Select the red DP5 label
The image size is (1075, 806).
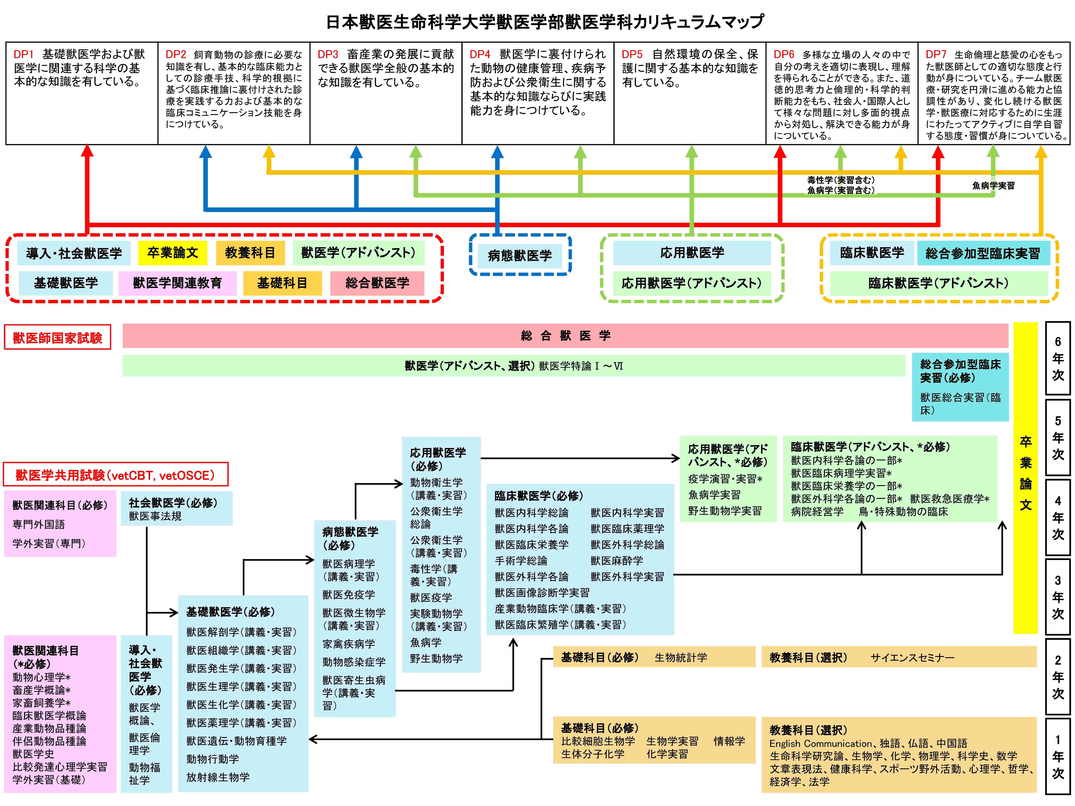click(x=632, y=54)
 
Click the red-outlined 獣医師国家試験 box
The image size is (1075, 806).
click(x=57, y=337)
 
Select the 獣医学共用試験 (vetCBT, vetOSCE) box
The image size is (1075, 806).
click(x=116, y=475)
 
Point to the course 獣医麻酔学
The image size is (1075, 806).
click(x=617, y=561)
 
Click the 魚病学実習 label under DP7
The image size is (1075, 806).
click(x=993, y=186)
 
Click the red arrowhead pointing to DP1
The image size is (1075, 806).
click(x=87, y=151)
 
